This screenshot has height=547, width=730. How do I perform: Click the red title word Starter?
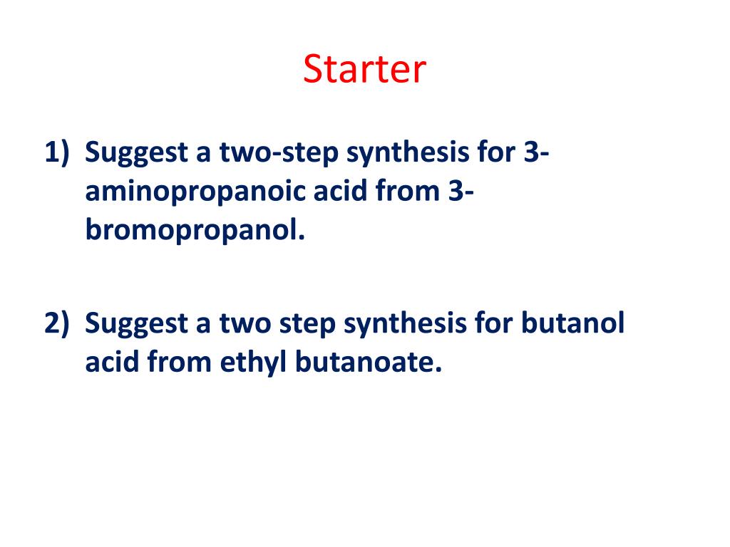[364, 69]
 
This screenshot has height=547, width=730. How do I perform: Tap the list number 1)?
[57, 152]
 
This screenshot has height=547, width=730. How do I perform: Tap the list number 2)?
[57, 323]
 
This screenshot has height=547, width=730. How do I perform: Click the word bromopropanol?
[195, 230]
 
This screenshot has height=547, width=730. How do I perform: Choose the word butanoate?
[369, 362]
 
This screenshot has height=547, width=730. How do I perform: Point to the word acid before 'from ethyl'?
[112, 361]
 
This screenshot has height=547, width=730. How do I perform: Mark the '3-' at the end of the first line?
[536, 152]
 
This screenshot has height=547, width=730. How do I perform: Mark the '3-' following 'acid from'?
[461, 191]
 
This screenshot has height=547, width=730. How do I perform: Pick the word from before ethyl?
[179, 361]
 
